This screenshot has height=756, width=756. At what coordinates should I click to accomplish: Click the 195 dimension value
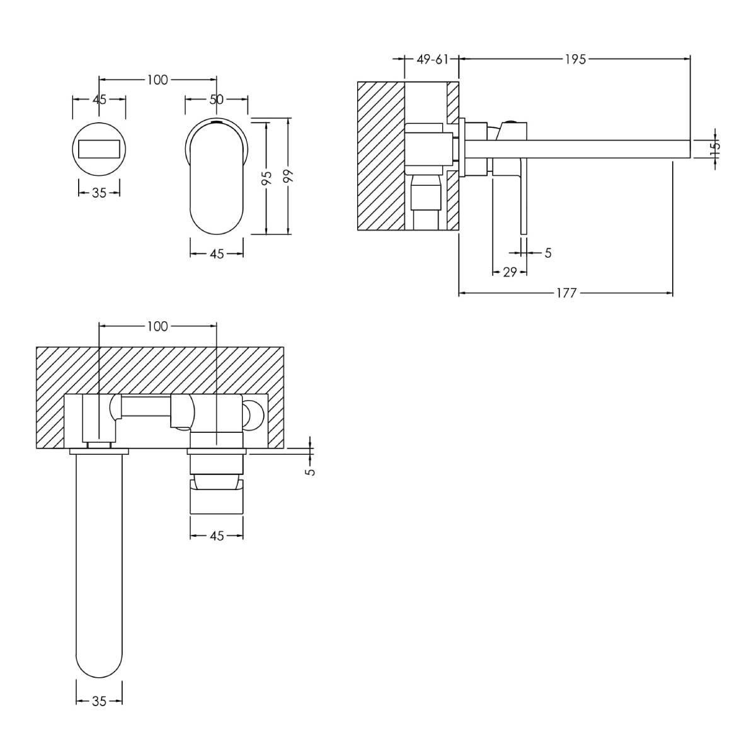point(575,59)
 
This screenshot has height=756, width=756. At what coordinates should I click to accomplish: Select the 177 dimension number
point(566,293)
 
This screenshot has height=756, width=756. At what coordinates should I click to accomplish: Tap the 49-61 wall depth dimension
point(432,59)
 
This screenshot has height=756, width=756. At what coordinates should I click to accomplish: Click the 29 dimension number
point(510,272)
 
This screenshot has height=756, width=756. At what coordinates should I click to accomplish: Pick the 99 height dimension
point(289,176)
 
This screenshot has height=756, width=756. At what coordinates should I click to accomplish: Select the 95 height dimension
point(266,178)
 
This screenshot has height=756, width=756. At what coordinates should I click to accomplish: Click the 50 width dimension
point(216,100)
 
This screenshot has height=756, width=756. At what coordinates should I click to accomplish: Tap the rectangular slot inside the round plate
point(99,149)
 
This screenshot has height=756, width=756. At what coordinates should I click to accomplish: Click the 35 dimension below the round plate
point(99,193)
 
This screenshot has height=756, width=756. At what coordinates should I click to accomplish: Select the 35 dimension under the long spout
point(99,701)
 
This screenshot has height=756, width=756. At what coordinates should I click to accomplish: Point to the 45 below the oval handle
point(217,255)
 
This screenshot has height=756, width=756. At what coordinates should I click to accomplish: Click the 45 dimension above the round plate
point(100,100)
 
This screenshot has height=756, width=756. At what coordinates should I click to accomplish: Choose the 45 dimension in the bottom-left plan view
point(217,536)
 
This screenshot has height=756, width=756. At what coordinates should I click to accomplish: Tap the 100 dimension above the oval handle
point(157,80)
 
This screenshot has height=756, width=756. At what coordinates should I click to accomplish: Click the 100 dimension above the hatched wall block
point(157,326)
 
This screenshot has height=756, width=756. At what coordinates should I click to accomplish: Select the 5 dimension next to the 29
point(548,253)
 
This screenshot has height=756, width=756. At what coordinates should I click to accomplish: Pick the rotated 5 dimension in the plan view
point(311,472)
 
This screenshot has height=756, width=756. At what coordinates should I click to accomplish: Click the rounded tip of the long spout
point(99,673)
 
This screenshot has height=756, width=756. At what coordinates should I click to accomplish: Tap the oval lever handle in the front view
point(217,176)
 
